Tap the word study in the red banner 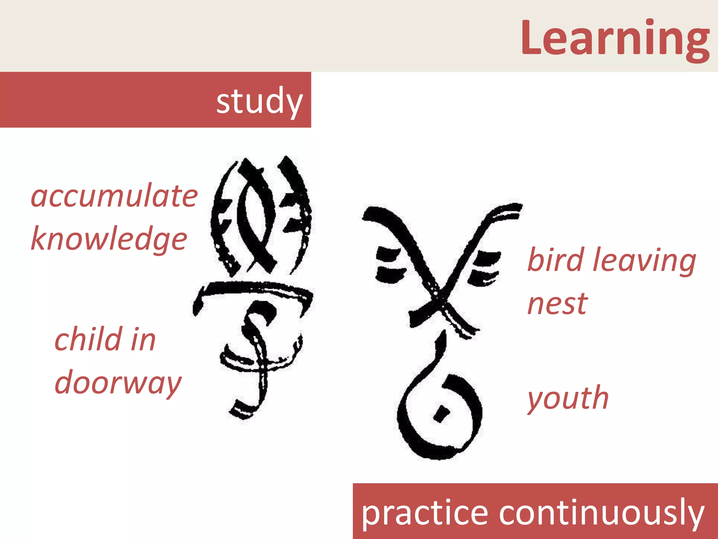coord(259,101)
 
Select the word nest coord(557,304)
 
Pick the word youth coord(568,399)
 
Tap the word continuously coord(602,513)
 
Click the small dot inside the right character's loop coord(441,413)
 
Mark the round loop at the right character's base coord(440,418)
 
